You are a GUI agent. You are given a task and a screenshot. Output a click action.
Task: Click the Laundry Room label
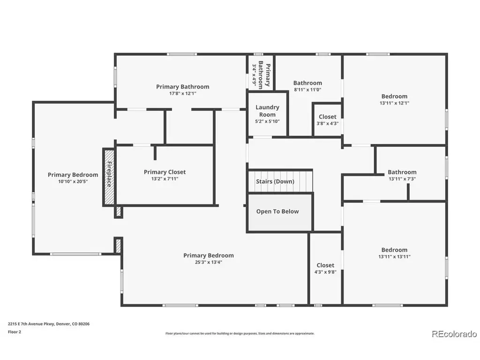tap(267, 111)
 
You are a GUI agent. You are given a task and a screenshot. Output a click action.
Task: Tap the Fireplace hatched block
tap(109, 177)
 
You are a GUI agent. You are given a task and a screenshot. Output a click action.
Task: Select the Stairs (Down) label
tap(275, 181)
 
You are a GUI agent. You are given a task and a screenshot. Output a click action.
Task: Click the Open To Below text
tap(277, 211)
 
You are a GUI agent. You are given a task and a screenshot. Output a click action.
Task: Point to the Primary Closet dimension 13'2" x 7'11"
tap(165, 179)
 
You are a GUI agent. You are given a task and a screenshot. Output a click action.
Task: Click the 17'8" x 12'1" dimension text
tap(183, 93)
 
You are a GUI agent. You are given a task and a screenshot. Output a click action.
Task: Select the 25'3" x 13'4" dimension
tap(209, 262)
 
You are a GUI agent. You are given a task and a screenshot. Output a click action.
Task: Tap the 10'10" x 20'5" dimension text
tap(73, 181)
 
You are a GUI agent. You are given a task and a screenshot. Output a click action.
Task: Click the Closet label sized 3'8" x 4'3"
tap(328, 117)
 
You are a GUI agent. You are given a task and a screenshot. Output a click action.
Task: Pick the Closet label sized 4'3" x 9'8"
tap(325, 265)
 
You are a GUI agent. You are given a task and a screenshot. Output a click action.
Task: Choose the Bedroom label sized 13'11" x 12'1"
tap(394, 96)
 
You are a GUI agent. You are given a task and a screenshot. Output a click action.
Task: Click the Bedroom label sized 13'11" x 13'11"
tap(394, 250)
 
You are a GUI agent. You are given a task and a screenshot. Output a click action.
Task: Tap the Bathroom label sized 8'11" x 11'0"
tap(307, 82)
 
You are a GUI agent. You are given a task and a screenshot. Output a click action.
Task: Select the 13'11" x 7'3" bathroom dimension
tap(402, 179)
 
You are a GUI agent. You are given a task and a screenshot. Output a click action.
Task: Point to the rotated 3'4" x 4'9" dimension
tap(254, 75)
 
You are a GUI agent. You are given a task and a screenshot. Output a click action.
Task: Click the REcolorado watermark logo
tap(454, 334)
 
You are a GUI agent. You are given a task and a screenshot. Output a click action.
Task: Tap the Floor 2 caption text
tap(15, 331)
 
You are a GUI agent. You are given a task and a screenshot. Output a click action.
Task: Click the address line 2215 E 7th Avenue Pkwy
tap(31, 323)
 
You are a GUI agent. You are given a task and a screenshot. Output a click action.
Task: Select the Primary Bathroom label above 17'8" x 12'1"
tap(183, 87)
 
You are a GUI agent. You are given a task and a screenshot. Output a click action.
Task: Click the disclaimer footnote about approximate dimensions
tap(240, 333)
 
